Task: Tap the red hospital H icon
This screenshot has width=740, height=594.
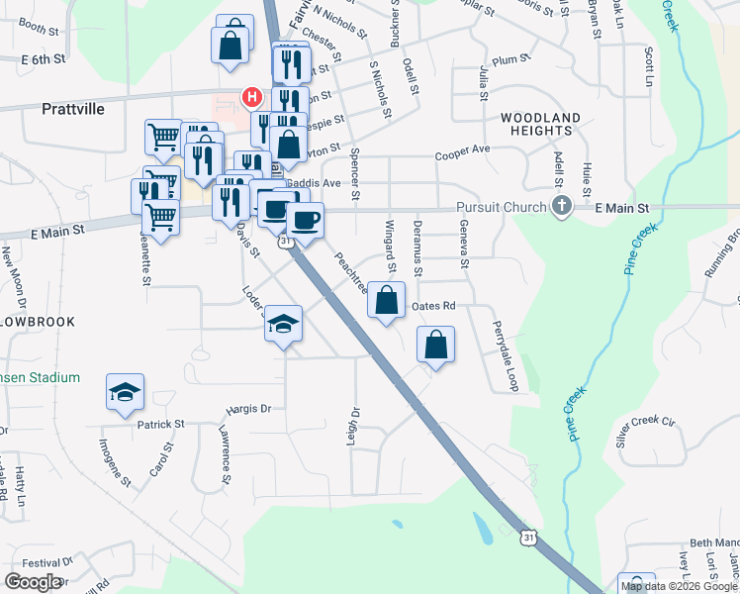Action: click(252, 97)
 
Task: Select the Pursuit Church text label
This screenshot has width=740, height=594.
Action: click(502, 207)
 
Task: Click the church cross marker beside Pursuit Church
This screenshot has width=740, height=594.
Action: click(562, 207)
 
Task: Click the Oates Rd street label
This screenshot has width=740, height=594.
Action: click(432, 306)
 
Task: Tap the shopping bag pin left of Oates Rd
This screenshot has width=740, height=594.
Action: click(387, 300)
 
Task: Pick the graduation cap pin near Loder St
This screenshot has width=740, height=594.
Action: click(283, 324)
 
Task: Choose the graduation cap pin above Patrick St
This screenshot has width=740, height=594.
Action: click(126, 393)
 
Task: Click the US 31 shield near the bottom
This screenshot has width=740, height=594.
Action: click(530, 537)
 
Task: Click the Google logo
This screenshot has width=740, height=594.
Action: click(33, 582)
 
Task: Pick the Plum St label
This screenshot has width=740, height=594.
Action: click(506, 60)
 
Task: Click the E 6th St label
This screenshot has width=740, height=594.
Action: click(43, 59)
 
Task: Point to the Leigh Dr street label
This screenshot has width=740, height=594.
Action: click(351, 425)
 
